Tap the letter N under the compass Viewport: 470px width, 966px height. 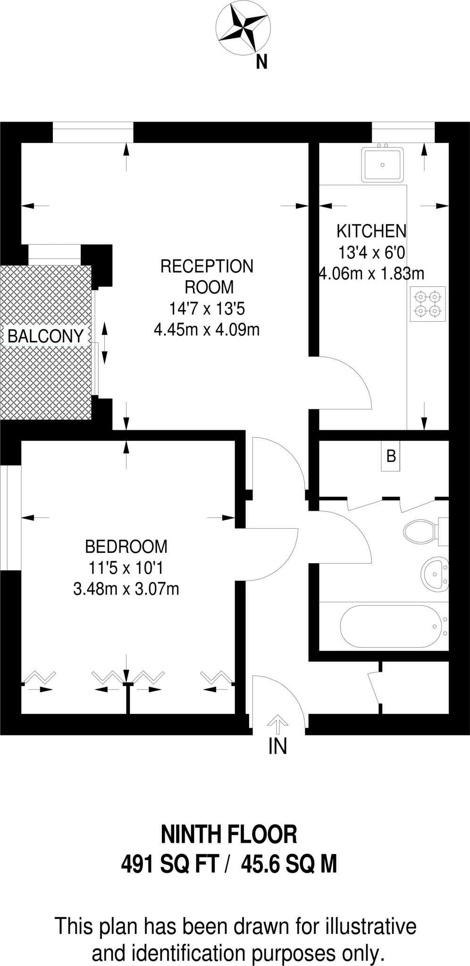[262, 62]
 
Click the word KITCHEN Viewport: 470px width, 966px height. [371, 231]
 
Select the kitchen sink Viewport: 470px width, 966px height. [383, 165]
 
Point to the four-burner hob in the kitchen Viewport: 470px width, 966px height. [428, 304]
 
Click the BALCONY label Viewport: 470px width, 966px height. [46, 336]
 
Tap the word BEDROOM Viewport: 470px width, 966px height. [126, 547]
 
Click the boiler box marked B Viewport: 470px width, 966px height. [391, 457]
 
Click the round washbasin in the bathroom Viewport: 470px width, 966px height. [435, 574]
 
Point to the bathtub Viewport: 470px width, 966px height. [394, 626]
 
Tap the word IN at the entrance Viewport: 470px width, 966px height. [278, 746]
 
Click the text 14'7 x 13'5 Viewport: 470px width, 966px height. [207, 309]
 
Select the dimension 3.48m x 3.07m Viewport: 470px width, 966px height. [126, 589]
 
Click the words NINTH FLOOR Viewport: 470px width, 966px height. [229, 834]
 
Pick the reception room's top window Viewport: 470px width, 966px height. [93, 132]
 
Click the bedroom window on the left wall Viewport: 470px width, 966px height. [10, 518]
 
